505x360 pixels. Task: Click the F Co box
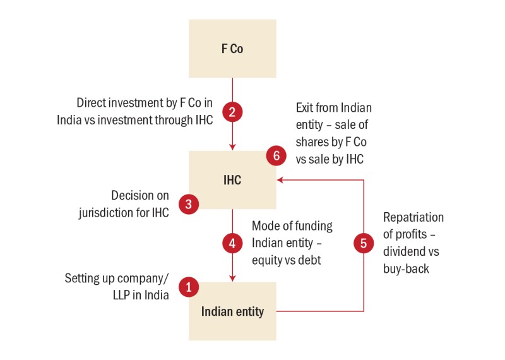point(232,49)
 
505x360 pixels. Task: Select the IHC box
point(232,180)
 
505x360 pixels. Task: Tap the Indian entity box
point(232,311)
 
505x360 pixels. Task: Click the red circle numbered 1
point(188,287)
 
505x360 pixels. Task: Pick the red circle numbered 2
point(232,112)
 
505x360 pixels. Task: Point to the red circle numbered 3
point(188,204)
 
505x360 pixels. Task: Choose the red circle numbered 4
point(232,243)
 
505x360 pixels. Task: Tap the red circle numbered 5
point(364,243)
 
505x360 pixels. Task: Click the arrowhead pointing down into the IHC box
point(232,147)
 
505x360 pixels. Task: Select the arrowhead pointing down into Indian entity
point(232,278)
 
